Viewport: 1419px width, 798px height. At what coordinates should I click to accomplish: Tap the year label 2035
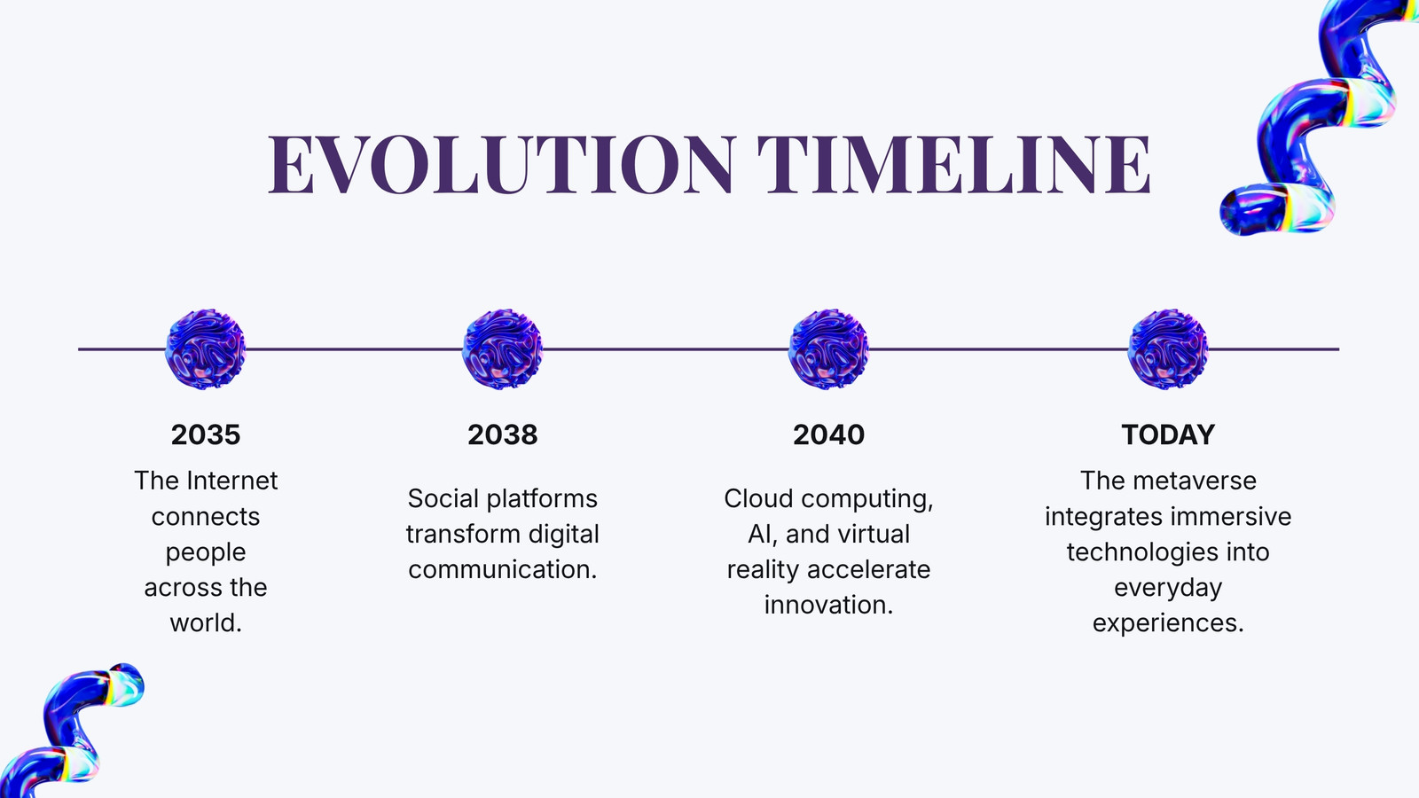point(205,435)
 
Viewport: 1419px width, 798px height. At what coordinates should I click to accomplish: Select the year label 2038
point(502,435)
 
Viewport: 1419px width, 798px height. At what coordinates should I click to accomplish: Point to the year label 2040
point(828,435)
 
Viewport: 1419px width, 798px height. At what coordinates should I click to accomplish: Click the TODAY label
point(1168,435)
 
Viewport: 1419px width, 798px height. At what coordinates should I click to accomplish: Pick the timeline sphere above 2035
point(205,349)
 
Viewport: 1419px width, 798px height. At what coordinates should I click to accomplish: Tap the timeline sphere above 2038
point(502,349)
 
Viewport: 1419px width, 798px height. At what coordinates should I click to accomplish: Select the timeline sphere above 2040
point(828,349)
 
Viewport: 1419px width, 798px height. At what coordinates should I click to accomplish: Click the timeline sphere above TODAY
point(1168,349)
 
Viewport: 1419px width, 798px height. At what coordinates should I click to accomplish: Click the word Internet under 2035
point(231,481)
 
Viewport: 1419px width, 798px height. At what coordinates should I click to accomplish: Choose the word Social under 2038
point(443,498)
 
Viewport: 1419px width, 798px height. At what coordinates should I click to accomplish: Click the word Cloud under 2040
point(759,498)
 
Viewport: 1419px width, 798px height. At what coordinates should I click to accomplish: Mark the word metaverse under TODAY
point(1194,481)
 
